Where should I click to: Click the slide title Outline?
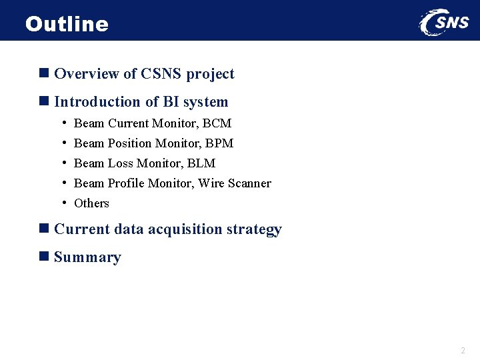[67, 24]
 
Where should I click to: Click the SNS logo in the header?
[444, 22]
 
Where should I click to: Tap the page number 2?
[463, 351]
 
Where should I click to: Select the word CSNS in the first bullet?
[161, 74]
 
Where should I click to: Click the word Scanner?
[249, 183]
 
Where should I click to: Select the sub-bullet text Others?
[91, 203]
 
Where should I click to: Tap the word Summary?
[87, 257]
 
